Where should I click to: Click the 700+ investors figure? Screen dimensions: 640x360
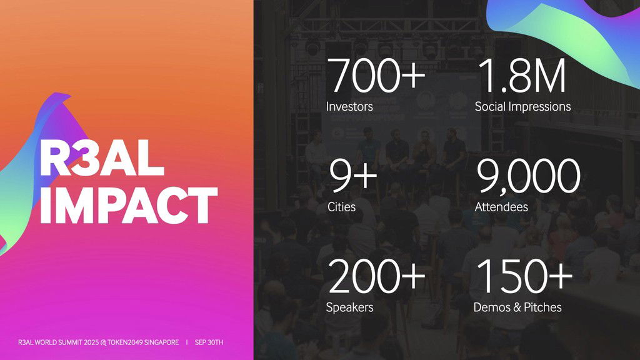tap(376, 76)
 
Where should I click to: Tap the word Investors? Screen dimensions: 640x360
tap(349, 106)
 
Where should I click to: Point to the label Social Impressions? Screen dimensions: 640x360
tap(523, 106)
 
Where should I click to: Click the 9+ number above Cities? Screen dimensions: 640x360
tap(353, 176)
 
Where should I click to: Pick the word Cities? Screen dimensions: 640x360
tap(342, 207)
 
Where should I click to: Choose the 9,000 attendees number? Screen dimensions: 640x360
tap(528, 177)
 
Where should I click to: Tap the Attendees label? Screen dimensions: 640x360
tap(501, 207)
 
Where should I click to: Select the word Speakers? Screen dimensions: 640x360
tap(350, 307)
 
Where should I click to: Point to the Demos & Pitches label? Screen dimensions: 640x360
tap(517, 307)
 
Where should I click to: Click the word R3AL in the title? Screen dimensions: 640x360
tap(102, 157)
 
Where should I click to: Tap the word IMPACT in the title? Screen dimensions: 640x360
tap(129, 205)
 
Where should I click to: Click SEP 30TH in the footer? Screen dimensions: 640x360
tap(209, 342)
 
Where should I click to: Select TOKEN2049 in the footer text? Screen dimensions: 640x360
tap(125, 342)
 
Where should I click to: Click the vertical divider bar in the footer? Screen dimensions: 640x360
tap(187, 342)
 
